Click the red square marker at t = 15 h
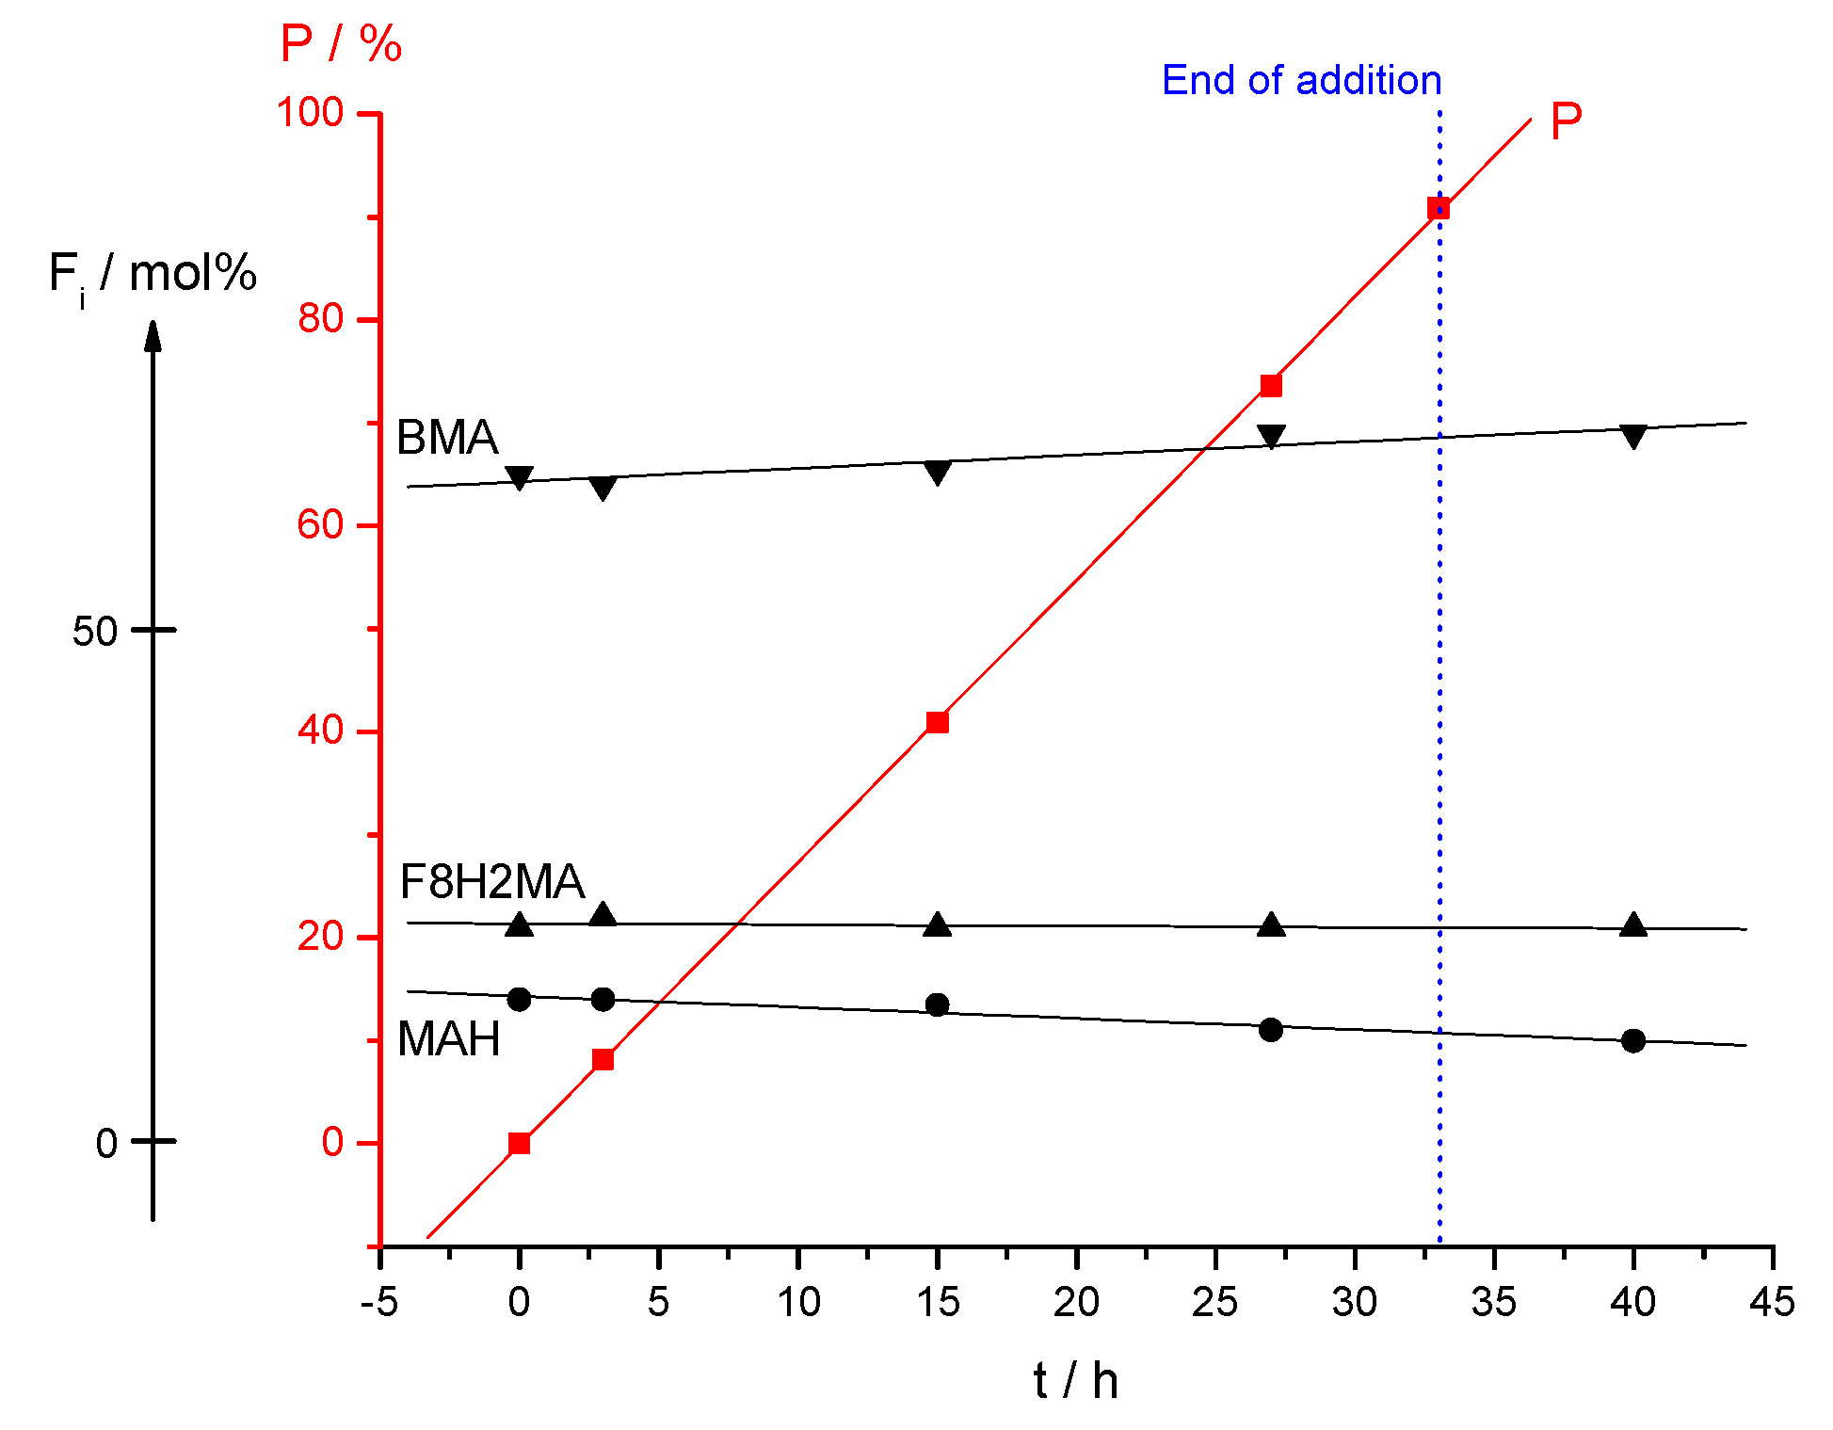937,722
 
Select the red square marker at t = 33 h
1438,208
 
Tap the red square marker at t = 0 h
519,1143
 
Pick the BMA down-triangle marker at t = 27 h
1271,437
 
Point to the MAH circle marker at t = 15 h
937,1004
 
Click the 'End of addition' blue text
1301,81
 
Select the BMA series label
447,438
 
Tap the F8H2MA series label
491,882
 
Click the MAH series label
449,1039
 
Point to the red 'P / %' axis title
341,44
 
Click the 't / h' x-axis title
1075,1381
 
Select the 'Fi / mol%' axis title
153,275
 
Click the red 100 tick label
310,113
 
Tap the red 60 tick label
320,524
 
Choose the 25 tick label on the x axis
1214,1303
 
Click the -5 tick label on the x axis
379,1303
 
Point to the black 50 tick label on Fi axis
94,632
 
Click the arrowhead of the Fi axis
153,334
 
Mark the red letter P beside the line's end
1566,121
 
